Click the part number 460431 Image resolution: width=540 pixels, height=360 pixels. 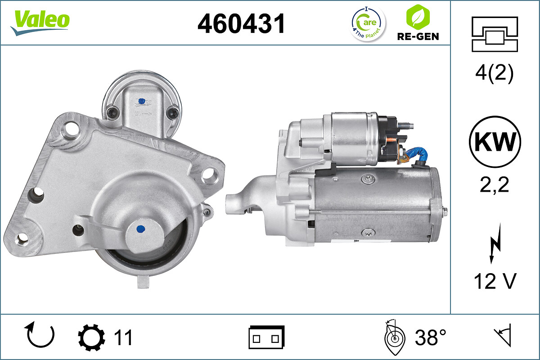point(241,23)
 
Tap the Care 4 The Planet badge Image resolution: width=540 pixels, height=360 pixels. point(368,23)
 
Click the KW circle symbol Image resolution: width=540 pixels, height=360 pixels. point(495,142)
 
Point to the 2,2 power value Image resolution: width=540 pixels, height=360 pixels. point(495,184)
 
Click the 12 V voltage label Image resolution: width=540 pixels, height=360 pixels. point(495,282)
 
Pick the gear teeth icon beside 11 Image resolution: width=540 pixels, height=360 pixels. point(92,338)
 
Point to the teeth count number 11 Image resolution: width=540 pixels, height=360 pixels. point(122,337)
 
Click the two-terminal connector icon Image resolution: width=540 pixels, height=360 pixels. point(266,338)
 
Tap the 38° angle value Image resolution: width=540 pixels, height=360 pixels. point(431,337)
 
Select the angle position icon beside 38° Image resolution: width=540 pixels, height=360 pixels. point(395,337)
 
